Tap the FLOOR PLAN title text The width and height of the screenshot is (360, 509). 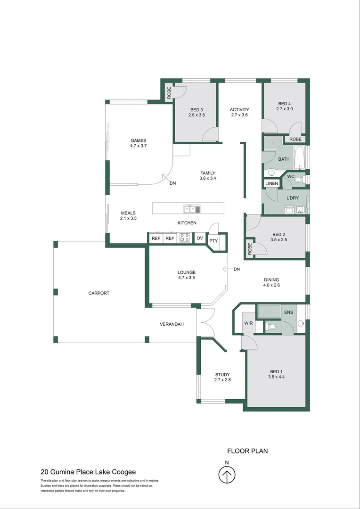click(247, 451)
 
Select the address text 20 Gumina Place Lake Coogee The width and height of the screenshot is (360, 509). click(88, 472)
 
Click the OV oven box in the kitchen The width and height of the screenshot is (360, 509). click(200, 238)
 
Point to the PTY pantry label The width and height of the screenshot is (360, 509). click(213, 241)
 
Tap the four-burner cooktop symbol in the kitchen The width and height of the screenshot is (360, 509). click(185, 238)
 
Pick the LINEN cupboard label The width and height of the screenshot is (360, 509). click(271, 183)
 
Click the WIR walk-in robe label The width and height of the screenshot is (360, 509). click(248, 323)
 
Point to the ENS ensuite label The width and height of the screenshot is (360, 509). click(288, 312)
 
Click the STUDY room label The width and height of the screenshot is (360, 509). click(222, 375)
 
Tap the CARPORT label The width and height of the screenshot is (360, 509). click(98, 293)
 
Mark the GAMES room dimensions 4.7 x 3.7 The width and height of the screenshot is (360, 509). click(139, 146)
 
